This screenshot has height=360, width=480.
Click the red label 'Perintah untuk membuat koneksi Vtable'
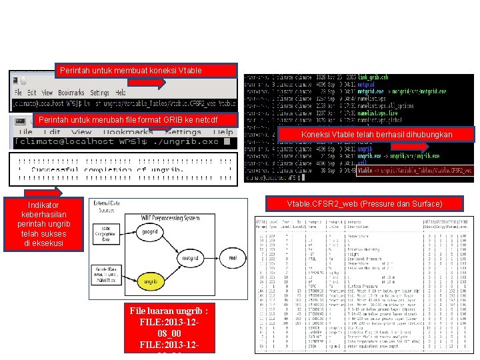[145, 70]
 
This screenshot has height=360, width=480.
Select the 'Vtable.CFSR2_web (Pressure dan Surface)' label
[364, 203]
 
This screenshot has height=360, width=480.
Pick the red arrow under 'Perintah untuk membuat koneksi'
[157, 83]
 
